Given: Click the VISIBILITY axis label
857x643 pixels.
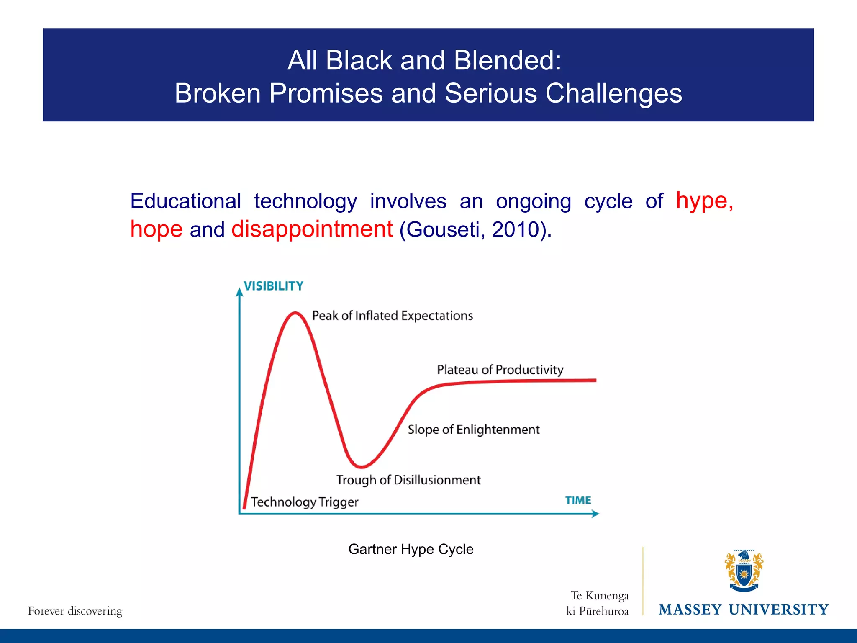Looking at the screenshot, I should click(273, 286).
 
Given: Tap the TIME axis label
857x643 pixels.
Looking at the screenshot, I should click(578, 500).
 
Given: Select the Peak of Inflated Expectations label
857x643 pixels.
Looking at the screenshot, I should click(392, 316).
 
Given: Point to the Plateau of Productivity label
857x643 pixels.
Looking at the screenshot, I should click(500, 370).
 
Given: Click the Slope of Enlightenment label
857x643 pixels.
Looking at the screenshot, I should click(473, 430).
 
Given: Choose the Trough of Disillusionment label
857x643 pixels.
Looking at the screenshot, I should click(408, 480).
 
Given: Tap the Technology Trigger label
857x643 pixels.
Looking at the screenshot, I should click(304, 502).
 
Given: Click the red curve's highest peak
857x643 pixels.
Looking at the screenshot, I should click(295, 313).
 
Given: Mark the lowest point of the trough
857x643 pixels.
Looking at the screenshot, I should click(361, 466).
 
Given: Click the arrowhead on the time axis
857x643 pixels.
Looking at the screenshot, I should click(596, 514).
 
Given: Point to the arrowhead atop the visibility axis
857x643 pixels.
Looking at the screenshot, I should click(239, 292).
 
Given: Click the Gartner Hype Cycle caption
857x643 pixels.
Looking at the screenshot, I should click(411, 549).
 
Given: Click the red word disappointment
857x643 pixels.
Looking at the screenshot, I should click(312, 229).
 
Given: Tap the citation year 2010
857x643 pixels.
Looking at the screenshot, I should click(515, 229).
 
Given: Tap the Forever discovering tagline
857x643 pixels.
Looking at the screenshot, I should click(75, 611).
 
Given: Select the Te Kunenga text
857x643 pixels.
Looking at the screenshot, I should click(599, 595).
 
